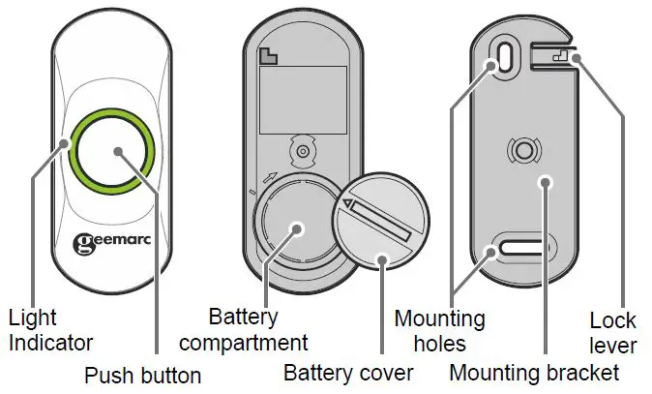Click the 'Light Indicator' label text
point(50,329)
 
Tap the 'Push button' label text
point(142,375)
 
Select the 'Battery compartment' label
point(244,329)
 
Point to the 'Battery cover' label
point(347,373)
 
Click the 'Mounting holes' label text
point(440,329)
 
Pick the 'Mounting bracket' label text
point(535,373)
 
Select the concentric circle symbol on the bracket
point(523,150)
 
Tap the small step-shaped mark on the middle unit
point(267,57)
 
